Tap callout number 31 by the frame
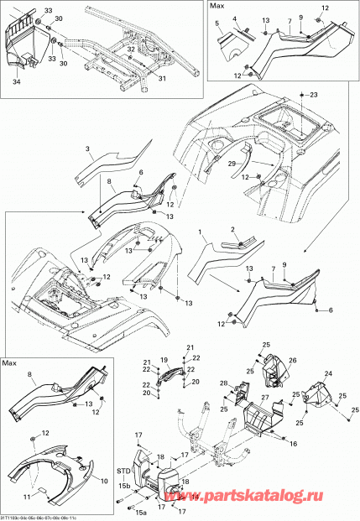pos(163,80)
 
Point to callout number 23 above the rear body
pos(316,96)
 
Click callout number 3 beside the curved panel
pos(87,148)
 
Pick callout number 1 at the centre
pos(201,229)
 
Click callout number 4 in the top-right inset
pos(234,18)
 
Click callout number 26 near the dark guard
pos(294,361)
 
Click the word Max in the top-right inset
pos(217,7)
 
